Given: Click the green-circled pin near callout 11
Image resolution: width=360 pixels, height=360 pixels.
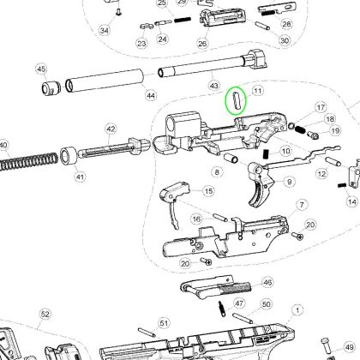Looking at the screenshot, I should pos(236,100).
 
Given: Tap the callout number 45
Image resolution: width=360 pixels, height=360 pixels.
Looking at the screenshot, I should pos(40,69).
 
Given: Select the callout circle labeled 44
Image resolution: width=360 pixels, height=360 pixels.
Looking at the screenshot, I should pos(151,95).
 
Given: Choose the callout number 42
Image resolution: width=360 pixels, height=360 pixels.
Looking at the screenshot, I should pos(111,129).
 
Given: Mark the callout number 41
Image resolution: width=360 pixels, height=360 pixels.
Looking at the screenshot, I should pos(79,177).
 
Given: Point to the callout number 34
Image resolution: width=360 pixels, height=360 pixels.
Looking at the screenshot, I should pos(105,31).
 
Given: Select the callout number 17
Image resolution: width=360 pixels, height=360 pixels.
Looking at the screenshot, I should pos(321,108).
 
